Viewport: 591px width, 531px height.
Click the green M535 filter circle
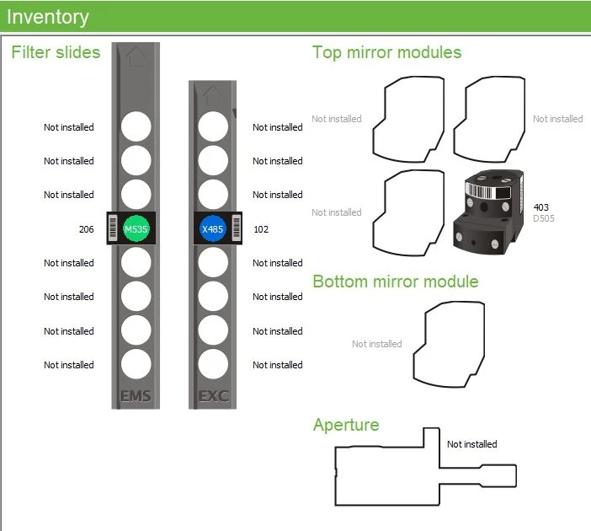pyautogui.click(x=136, y=228)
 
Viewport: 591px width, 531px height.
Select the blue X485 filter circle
pyautogui.click(x=212, y=228)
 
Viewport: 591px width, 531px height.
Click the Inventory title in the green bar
pyautogui.click(x=47, y=16)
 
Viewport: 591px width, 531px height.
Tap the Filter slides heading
pyautogui.click(x=56, y=52)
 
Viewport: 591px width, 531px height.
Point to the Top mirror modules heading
pyautogui.click(x=386, y=52)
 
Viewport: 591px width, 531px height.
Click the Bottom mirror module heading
pyautogui.click(x=395, y=282)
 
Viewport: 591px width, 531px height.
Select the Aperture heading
pyautogui.click(x=345, y=424)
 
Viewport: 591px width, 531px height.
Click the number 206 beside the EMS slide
pyautogui.click(x=86, y=229)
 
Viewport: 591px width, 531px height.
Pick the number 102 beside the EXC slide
pyautogui.click(x=261, y=229)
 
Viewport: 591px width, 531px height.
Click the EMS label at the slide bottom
pyautogui.click(x=136, y=395)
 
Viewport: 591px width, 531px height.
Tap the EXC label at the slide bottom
pyautogui.click(x=213, y=395)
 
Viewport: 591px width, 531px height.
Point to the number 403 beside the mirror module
pyautogui.click(x=541, y=207)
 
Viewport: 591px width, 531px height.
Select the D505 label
pyautogui.click(x=544, y=219)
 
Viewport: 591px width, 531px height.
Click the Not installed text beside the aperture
pyautogui.click(x=471, y=444)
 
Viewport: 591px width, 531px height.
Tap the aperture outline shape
pyautogui.click(x=387, y=476)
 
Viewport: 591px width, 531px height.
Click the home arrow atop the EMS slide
pyautogui.click(x=135, y=57)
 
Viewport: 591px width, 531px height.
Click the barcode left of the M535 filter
pyautogui.click(x=114, y=228)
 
